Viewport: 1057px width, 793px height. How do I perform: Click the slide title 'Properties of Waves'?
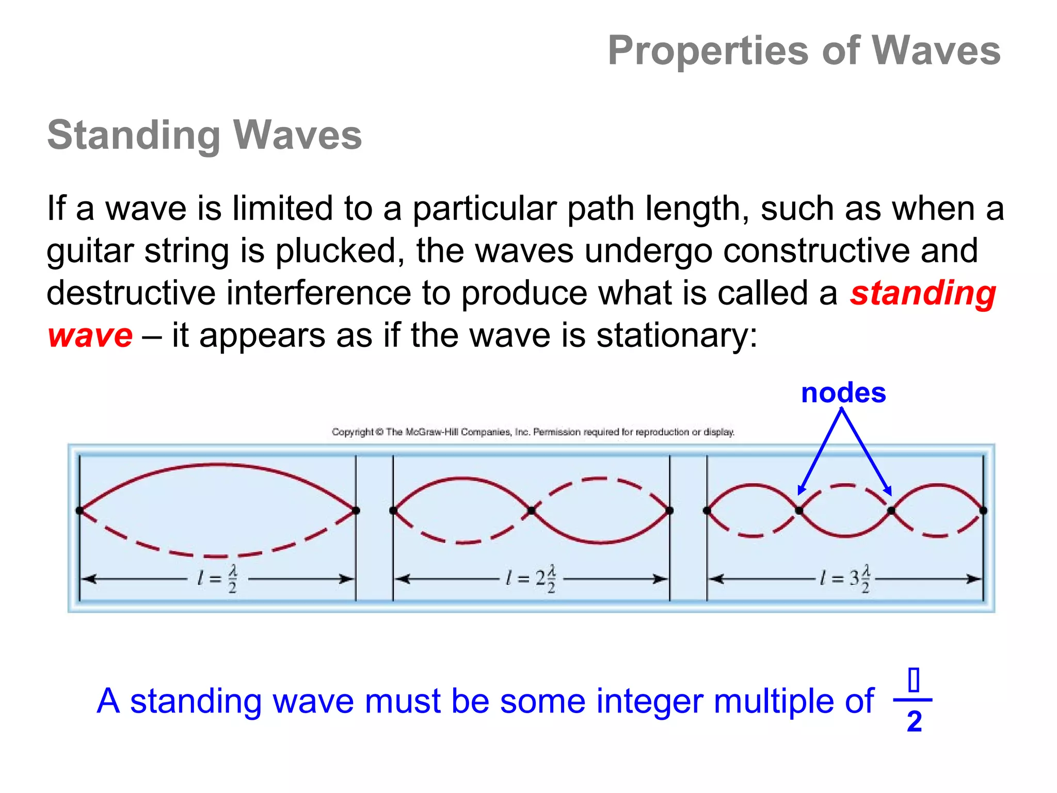pos(804,51)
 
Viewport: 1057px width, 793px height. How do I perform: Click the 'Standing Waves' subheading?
pos(204,135)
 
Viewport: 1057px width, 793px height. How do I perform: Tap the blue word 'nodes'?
pos(843,393)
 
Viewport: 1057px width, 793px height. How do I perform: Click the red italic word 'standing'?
pos(923,293)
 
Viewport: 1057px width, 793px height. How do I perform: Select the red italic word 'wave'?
pos(90,336)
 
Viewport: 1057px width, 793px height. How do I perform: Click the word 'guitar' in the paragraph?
pos(90,251)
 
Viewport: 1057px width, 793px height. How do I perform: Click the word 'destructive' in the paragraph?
pos(131,293)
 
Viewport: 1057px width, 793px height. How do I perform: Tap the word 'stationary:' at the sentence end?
pos(677,336)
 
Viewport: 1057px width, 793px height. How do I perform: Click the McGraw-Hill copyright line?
pos(533,432)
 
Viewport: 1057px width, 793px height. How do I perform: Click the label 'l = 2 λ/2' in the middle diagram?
pos(531,579)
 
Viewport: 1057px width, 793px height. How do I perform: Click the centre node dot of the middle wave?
pos(531,511)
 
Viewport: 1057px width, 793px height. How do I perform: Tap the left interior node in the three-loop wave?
pos(799,511)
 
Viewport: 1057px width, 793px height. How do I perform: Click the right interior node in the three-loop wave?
pos(891,511)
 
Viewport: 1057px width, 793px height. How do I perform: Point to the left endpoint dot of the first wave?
pos(79,511)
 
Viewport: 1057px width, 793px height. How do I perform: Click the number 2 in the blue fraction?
pos(914,721)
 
